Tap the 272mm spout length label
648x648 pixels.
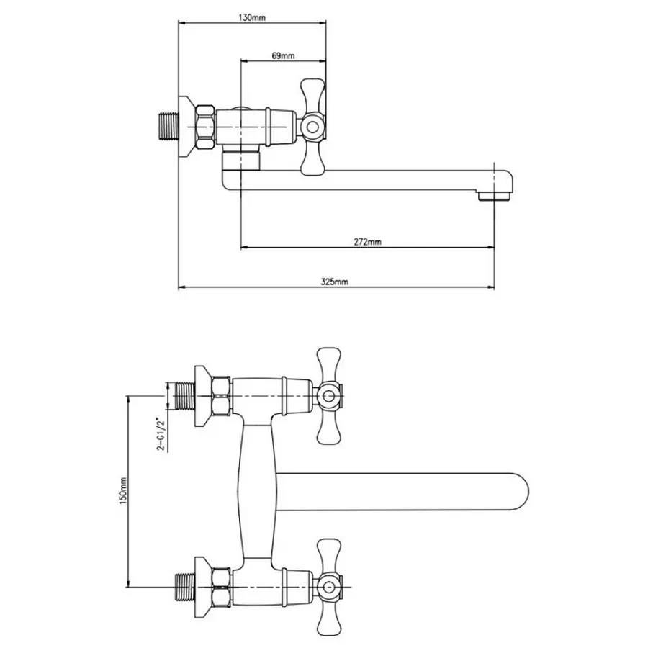(368, 243)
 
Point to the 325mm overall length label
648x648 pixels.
(335, 282)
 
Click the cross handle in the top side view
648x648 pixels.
(313, 127)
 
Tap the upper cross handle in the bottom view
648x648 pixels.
(330, 395)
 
